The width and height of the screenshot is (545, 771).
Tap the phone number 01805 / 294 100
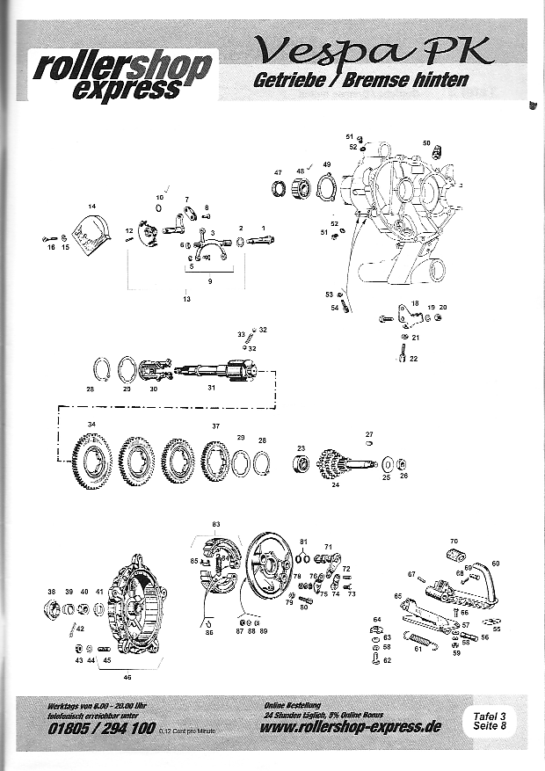(x=103, y=729)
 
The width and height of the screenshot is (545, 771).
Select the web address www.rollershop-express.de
(x=351, y=726)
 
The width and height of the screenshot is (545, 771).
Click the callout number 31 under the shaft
(x=210, y=388)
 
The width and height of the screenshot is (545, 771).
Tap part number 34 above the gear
(x=91, y=425)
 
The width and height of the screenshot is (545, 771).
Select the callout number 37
(x=215, y=426)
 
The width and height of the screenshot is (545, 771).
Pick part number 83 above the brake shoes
(x=215, y=524)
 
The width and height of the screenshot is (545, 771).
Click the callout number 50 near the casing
(x=426, y=142)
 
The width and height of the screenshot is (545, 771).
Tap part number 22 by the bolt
(x=413, y=359)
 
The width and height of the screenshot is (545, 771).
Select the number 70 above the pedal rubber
(x=454, y=541)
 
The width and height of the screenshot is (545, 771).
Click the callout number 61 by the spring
(x=418, y=650)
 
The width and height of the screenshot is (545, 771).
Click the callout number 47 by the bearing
(x=277, y=172)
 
